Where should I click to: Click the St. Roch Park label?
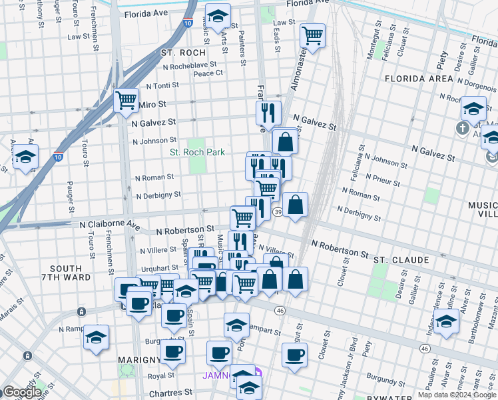pyautogui.click(x=197, y=153)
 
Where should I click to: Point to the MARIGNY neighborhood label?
pyautogui.click(x=138, y=360)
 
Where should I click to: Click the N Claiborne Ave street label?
pyautogui.click(x=110, y=225)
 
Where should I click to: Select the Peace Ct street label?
pyautogui.click(x=207, y=73)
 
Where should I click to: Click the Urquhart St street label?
pyautogui.click(x=160, y=268)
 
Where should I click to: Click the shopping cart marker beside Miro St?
pyautogui.click(x=126, y=101)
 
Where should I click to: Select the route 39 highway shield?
pyautogui.click(x=277, y=212)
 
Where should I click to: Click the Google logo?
pyautogui.click(x=22, y=392)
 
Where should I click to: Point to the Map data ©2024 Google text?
pyautogui.click(x=456, y=395)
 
